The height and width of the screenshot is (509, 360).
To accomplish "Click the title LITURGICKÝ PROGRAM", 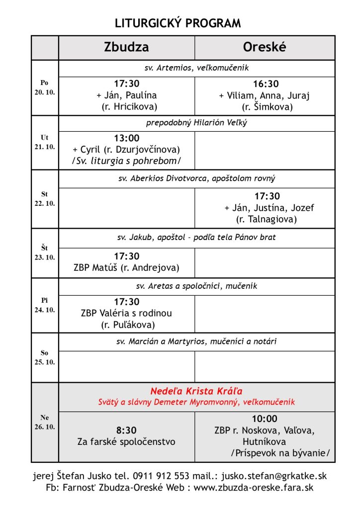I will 178,23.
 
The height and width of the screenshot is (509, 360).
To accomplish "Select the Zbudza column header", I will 126,47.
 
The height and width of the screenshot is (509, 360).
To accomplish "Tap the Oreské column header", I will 265,47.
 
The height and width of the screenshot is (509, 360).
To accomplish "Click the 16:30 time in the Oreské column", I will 266,84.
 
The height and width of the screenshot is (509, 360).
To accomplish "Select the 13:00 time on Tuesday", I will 126,138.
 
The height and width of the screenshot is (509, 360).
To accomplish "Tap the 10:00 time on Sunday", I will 265,419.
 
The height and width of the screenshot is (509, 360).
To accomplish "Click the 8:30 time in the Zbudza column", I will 126,430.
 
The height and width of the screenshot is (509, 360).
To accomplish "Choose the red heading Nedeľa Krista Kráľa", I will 196,391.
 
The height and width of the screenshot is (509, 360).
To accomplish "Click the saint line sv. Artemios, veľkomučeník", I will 196,68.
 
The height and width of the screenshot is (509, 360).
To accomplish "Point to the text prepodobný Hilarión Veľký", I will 196,123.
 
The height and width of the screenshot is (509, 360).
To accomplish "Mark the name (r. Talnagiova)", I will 267,219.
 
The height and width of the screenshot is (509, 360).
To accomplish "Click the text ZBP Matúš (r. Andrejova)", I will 126,268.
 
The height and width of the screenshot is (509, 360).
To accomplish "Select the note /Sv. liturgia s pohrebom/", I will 126,161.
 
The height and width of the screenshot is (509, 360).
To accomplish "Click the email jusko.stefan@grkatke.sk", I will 274,476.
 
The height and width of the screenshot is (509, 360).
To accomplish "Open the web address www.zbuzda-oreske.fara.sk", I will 254,488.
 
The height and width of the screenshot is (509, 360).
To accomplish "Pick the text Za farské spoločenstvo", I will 126,441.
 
